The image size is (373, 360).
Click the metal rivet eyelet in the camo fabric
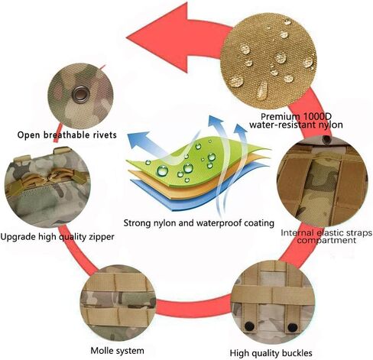pyautogui.click(x=80, y=94)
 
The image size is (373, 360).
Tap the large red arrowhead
pyautogui.click(x=163, y=37)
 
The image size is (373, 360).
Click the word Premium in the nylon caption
pyautogui.click(x=280, y=117)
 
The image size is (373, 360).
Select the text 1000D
pyautogui.click(x=316, y=117)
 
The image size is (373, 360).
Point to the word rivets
pyautogui.click(x=103, y=135)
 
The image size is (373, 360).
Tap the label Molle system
pyautogui.click(x=117, y=351)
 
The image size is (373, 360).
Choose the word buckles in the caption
pyautogui.click(x=296, y=353)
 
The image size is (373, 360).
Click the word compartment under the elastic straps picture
pyautogui.click(x=326, y=240)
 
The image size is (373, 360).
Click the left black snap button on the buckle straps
pyautogui.click(x=248, y=326)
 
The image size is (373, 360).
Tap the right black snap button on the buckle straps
pyautogui.click(x=292, y=328)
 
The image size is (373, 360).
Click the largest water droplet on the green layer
pyautogui.click(x=163, y=170)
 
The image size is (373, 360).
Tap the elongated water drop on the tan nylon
pyautogui.click(x=263, y=90)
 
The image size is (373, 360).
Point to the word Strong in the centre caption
pyautogui.click(x=137, y=223)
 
